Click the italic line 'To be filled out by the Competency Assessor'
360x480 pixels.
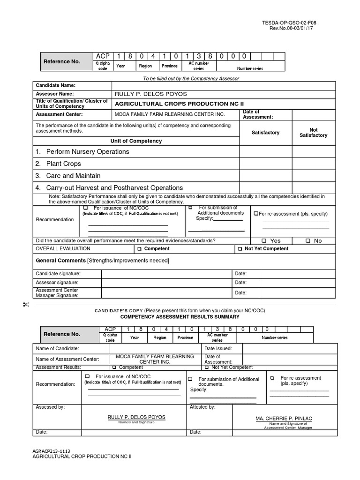[191, 78]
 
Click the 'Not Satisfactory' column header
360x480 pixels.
[314, 133]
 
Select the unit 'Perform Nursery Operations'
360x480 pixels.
[87, 152]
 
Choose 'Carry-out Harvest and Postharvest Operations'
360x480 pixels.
[114, 187]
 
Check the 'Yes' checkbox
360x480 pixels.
[264, 241]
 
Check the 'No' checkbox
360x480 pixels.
[308, 241]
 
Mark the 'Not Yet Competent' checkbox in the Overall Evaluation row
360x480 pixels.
[240, 249]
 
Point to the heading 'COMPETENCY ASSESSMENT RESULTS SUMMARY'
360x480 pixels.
[180, 317]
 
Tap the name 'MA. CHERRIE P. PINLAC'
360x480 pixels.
[284, 418]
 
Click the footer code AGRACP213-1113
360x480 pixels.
[51, 450]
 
